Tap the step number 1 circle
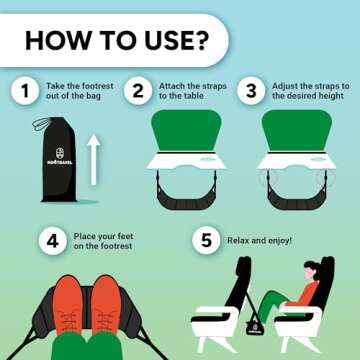click(21, 92)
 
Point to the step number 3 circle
click(250, 92)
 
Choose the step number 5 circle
click(204, 241)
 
